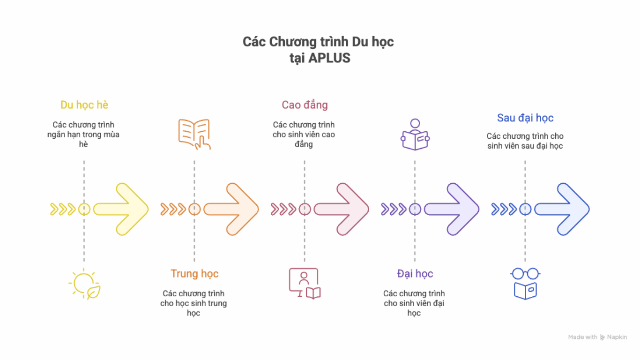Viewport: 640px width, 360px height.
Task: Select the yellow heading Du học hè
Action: [84, 105]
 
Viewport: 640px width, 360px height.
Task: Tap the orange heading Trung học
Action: [194, 274]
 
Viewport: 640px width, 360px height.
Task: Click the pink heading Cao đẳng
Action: [305, 105]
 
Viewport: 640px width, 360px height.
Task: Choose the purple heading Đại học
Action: [415, 274]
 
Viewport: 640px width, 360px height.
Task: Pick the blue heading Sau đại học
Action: [525, 118]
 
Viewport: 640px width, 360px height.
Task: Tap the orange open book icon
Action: [194, 134]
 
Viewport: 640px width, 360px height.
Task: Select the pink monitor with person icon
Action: [305, 284]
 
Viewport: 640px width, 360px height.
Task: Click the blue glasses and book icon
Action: [525, 284]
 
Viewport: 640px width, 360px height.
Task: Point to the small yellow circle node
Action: [84, 209]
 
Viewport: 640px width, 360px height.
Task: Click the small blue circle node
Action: [525, 209]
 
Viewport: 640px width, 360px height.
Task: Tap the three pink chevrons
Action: [283, 209]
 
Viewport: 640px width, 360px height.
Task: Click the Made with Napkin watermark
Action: [597, 337]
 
